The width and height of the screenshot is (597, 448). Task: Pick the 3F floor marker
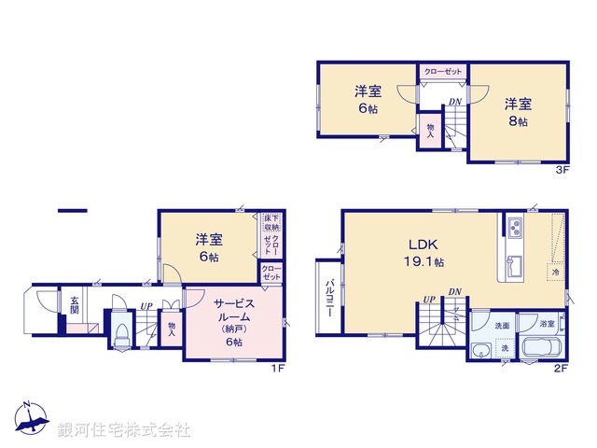click(562, 170)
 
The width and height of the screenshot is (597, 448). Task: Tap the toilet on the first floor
click(119, 336)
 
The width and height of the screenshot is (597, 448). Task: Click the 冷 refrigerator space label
click(555, 273)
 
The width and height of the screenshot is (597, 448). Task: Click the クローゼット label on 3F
click(441, 71)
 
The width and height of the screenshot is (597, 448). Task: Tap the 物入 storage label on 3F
click(431, 130)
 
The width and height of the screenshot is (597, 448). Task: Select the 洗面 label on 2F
click(501, 325)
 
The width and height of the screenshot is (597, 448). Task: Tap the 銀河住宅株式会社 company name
click(124, 430)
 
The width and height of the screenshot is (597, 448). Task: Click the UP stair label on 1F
click(146, 305)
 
